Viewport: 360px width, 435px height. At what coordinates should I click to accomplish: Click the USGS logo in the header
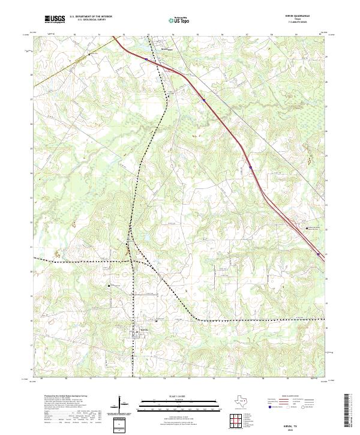(55, 19)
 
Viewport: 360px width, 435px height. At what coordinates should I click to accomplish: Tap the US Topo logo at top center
(181, 20)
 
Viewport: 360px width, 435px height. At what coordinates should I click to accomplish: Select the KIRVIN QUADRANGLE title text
(305, 16)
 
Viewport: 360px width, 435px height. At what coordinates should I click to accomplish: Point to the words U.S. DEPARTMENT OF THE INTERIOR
(91, 17)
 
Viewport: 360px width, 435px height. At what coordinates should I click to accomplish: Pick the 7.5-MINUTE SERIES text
(305, 23)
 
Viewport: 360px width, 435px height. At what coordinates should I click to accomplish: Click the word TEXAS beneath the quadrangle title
(305, 20)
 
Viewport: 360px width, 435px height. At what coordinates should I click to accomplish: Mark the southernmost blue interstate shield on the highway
(317, 254)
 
